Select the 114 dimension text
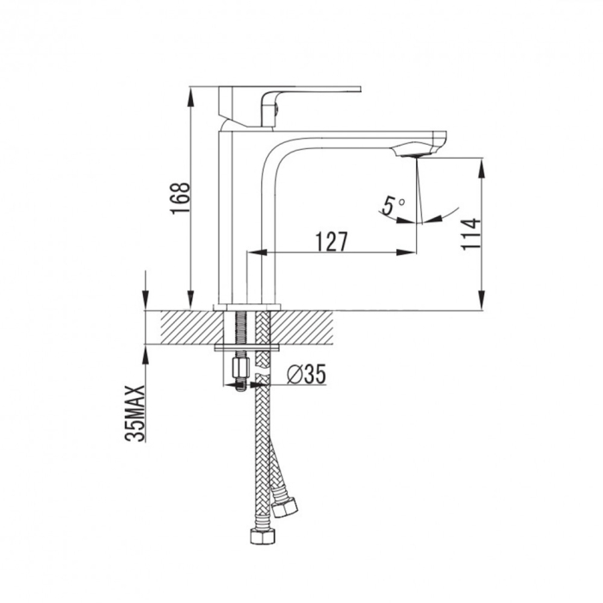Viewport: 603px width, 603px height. click(x=469, y=234)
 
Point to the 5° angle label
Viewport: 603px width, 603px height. click(x=394, y=206)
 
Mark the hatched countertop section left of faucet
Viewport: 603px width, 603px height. click(x=185, y=328)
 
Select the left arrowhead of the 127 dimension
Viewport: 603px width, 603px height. click(x=253, y=252)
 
